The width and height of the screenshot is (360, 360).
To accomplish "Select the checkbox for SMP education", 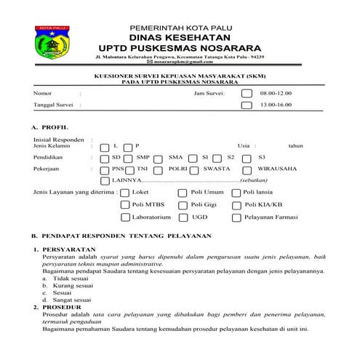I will point(128,156).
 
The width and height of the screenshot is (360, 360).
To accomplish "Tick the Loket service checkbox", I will point(124,192).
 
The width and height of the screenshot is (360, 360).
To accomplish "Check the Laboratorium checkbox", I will point(124,217).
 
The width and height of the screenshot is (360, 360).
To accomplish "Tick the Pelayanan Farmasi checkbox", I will point(236,217).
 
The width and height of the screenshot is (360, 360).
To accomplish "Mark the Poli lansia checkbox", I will point(236,192).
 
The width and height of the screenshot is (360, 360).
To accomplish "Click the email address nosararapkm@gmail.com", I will point(182,63).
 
